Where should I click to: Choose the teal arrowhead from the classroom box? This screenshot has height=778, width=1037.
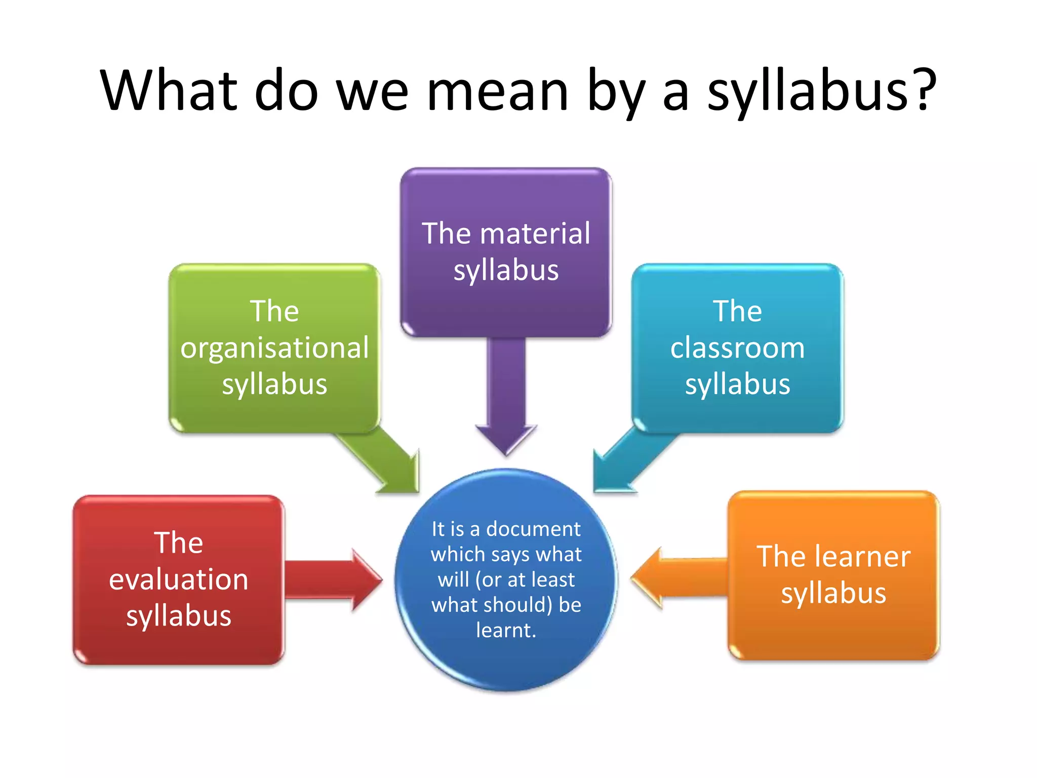coord(611,474)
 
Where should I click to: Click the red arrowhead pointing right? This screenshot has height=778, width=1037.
coord(366,579)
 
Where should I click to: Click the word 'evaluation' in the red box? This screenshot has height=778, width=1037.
coord(178,579)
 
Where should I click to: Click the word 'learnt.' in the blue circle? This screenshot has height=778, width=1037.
coord(506,630)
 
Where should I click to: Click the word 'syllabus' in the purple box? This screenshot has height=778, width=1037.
coord(506,270)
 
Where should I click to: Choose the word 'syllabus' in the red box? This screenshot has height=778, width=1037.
coord(178,616)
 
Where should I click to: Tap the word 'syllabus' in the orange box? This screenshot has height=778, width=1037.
coord(833,593)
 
